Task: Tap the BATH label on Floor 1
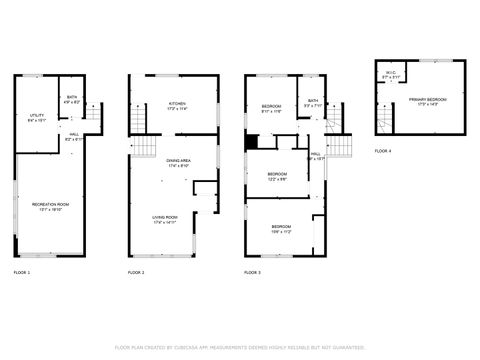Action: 70,98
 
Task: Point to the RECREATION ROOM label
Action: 42,206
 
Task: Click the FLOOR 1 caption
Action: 21,273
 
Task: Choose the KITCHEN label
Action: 177,105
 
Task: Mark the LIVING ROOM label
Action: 164,221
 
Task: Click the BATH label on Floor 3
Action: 313,102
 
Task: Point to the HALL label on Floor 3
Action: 315,156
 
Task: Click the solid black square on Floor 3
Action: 251,140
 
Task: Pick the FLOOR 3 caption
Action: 252,273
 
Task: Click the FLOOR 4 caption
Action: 383,151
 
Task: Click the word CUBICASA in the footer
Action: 213,347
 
